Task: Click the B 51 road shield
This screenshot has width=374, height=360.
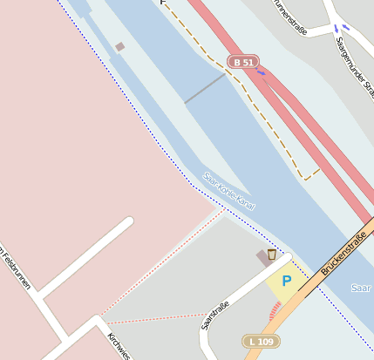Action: [242, 62]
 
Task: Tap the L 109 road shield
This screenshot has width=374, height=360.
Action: [262, 341]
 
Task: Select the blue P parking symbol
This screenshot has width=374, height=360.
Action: [286, 281]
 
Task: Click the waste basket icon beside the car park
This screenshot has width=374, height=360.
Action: [272, 255]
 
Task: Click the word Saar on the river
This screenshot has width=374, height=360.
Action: [360, 288]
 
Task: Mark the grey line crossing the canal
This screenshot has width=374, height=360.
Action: [205, 88]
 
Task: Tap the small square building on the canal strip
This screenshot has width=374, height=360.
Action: [119, 46]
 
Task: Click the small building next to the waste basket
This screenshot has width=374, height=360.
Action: [262, 258]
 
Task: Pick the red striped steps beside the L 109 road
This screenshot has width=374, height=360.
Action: [276, 309]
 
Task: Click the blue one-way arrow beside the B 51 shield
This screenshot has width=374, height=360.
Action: [261, 72]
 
